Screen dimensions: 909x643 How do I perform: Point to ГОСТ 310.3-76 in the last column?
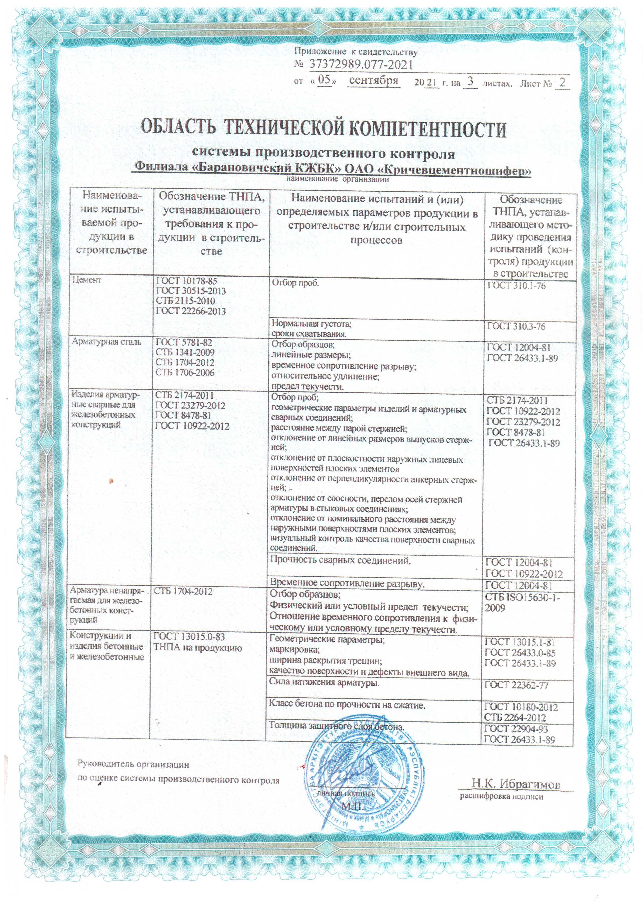pos(516,327)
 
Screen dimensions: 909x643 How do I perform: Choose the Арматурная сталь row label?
pos(106,342)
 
